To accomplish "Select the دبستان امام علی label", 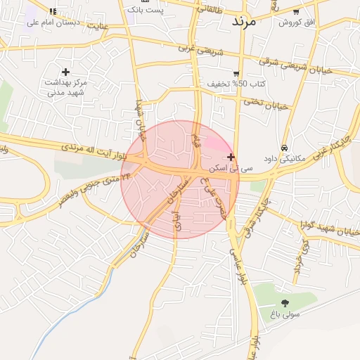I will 63,22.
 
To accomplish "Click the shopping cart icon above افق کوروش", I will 296,11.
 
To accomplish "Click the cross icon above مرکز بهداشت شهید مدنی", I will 66,72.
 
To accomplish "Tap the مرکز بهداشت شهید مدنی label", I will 66,87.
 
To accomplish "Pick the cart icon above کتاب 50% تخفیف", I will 236,73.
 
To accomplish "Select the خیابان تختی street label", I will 266,104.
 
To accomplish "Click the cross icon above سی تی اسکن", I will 231,157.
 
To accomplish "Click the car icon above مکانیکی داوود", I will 283,148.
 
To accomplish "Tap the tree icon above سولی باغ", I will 285,303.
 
